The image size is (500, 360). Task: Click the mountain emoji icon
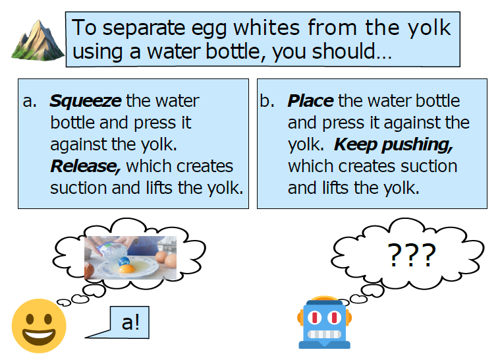click(x=38, y=40)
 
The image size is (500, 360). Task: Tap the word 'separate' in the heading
click(x=144, y=28)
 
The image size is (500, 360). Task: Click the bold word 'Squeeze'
click(x=86, y=102)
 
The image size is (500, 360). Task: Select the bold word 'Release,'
click(x=86, y=166)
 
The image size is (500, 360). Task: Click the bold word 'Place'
click(x=310, y=101)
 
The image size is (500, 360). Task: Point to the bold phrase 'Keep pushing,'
click(x=393, y=145)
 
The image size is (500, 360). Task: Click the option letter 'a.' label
click(x=30, y=102)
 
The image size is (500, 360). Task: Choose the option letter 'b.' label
click(x=267, y=101)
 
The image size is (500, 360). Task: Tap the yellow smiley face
click(x=39, y=326)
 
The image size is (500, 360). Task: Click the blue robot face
click(x=324, y=322)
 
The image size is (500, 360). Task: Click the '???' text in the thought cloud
click(x=411, y=255)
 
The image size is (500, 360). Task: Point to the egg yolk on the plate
click(x=126, y=269)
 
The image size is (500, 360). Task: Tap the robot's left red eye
click(x=314, y=318)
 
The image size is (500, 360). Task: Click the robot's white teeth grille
click(x=324, y=334)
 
